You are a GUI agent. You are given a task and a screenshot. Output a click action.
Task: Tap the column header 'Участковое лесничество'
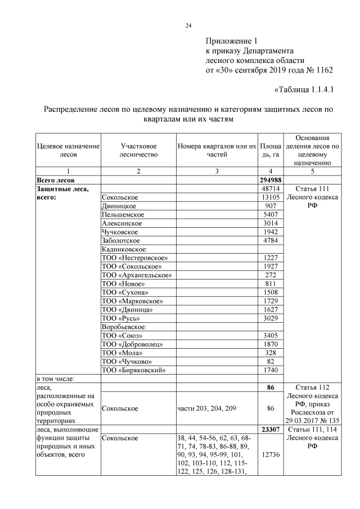coord(138,150)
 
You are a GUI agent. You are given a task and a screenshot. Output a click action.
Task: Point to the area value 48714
coord(271,189)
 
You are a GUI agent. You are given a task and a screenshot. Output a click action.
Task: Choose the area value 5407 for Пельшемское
coord(271,214)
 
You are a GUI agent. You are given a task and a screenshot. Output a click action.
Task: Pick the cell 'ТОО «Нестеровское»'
coord(134,257)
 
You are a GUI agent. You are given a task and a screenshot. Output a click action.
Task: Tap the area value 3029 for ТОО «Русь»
coord(271,318)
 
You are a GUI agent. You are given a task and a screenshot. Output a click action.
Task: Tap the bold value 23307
coord(270,430)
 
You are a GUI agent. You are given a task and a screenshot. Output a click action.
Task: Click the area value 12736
coord(271,456)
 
